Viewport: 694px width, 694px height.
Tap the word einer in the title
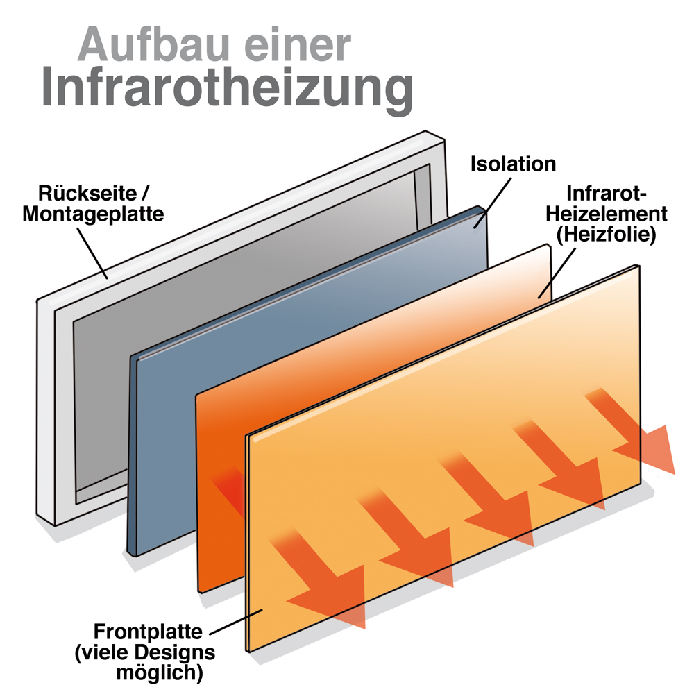point(298,44)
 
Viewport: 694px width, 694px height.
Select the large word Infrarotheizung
point(228,90)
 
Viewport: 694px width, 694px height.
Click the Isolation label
point(513,164)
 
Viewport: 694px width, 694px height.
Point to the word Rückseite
point(87,194)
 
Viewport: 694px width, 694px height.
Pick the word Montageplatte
point(93,214)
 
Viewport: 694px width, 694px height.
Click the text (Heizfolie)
point(606,234)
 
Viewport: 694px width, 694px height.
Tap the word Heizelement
point(606,214)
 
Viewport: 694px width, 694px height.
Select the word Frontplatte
point(148,632)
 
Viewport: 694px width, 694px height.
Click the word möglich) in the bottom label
point(160,672)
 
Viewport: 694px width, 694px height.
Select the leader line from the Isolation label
point(493,203)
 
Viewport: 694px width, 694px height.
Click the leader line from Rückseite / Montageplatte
point(92,253)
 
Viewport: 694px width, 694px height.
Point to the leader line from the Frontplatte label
point(236,622)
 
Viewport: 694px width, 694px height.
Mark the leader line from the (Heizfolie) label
point(557,273)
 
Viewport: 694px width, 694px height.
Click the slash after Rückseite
point(145,194)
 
